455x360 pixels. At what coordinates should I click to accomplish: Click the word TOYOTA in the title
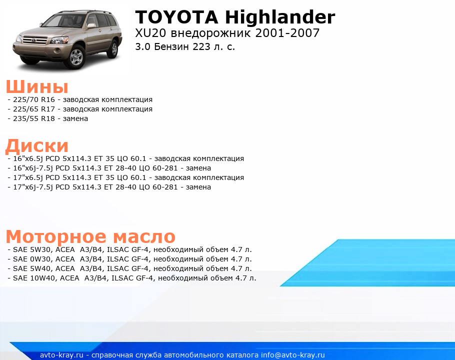(x=176, y=17)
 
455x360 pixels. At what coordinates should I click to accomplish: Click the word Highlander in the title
(x=280, y=17)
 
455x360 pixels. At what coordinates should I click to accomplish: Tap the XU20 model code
(x=150, y=33)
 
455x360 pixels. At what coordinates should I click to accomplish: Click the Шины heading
(x=37, y=86)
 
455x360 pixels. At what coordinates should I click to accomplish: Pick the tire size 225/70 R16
(x=34, y=99)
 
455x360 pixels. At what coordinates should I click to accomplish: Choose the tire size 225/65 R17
(x=34, y=109)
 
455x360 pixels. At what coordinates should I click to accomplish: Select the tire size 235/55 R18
(x=34, y=118)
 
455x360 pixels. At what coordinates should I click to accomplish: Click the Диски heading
(x=37, y=145)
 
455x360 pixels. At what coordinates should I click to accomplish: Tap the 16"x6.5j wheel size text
(x=32, y=158)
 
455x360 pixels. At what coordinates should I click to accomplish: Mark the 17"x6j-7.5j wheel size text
(x=33, y=187)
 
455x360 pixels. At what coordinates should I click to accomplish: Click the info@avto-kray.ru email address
(x=293, y=355)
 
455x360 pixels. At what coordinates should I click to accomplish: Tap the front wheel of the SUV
(x=76, y=56)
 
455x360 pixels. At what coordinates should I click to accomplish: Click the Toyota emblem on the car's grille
(x=34, y=40)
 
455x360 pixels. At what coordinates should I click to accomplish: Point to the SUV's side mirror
(x=91, y=26)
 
